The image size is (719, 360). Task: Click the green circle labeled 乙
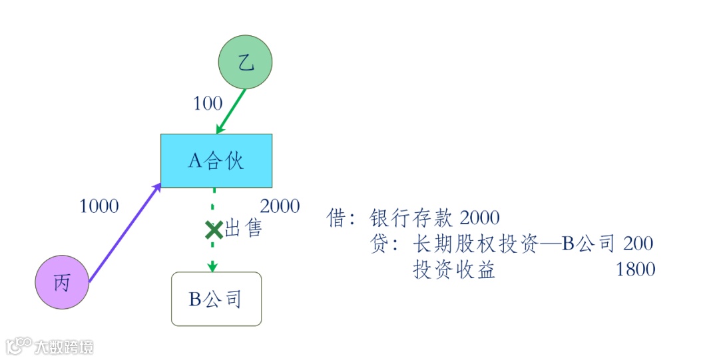[x=246, y=63]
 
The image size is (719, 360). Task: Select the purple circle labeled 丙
[x=62, y=283]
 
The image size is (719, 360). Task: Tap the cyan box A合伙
[x=216, y=160]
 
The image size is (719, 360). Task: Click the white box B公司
[x=216, y=299]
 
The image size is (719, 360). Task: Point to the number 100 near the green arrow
[x=208, y=104]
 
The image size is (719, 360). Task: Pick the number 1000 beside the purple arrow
[x=99, y=206]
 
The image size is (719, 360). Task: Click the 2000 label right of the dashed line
[x=280, y=206]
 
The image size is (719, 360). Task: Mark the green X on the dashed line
[x=214, y=230]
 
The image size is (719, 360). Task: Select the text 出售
[x=244, y=229]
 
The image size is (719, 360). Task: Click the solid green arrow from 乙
[x=231, y=111]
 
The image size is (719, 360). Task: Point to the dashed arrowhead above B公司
[x=213, y=267]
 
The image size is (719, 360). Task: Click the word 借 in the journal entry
[x=337, y=218]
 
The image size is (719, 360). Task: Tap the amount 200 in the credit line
[x=638, y=244]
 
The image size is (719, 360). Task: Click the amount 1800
[x=636, y=270]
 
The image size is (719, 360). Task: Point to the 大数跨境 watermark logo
[x=50, y=346]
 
